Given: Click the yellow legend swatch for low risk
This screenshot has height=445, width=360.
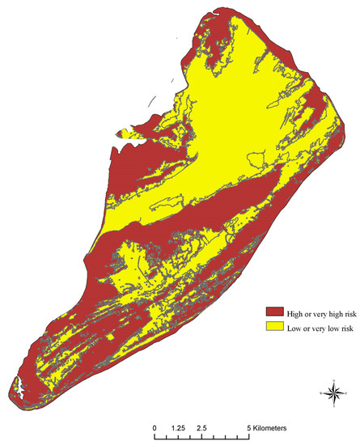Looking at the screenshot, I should tap(272, 326).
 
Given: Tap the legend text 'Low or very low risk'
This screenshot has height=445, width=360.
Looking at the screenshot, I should tap(311, 326).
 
